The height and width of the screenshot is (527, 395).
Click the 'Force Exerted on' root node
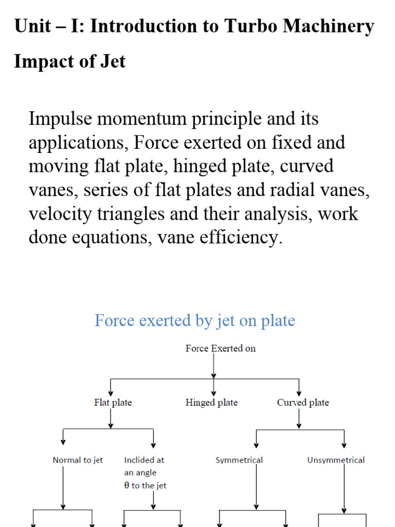(x=220, y=348)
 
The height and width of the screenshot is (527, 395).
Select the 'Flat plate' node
(x=113, y=402)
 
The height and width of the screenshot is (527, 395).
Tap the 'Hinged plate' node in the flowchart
(x=211, y=402)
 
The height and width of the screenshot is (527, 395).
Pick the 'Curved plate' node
(x=302, y=402)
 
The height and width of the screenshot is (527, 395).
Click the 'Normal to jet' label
(x=78, y=460)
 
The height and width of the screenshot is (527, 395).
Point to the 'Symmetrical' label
(x=239, y=460)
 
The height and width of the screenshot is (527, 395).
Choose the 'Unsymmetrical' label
(x=336, y=460)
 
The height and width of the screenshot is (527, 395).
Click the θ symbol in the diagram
(x=127, y=486)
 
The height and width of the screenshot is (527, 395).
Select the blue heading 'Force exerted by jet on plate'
(x=194, y=321)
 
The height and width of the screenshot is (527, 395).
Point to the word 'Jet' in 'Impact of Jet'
(x=113, y=61)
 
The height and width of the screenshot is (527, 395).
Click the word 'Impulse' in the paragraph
(x=60, y=119)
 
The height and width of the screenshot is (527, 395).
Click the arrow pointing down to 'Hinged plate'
(x=213, y=387)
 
